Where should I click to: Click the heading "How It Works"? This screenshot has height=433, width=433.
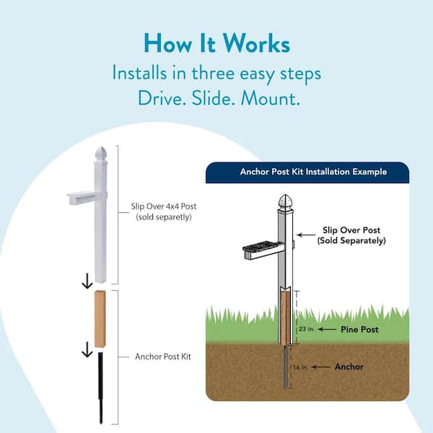click(216, 44)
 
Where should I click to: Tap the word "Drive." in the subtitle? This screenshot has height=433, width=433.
click(162, 97)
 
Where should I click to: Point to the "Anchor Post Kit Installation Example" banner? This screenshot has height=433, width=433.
click(307, 172)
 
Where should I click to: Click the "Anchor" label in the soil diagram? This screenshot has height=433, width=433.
click(349, 367)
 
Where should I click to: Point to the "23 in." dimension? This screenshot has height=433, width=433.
click(306, 329)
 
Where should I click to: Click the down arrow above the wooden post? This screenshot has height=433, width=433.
click(87, 281)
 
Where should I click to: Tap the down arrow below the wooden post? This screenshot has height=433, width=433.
click(87, 349)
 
